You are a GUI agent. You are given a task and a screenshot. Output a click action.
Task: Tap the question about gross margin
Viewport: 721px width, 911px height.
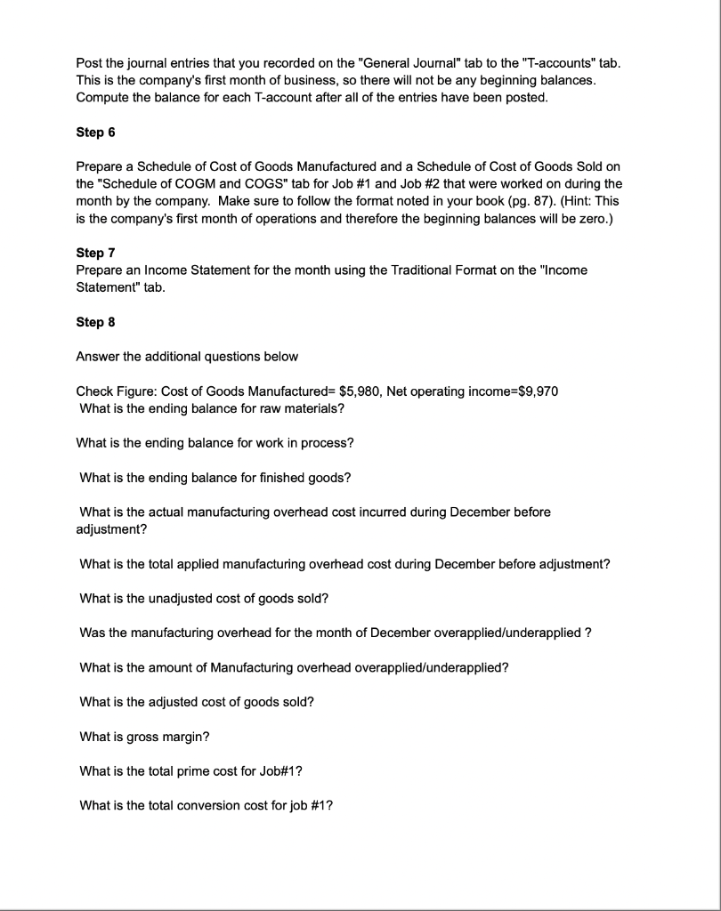(x=144, y=737)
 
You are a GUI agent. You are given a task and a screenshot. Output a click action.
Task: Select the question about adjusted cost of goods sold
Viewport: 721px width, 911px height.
(x=197, y=702)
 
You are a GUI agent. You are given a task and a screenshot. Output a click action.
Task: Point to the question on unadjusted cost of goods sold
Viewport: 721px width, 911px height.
(x=204, y=599)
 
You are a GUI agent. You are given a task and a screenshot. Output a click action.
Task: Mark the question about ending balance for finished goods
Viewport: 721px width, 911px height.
(x=215, y=478)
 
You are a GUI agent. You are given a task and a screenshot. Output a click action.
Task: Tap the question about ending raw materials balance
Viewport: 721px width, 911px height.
(x=212, y=408)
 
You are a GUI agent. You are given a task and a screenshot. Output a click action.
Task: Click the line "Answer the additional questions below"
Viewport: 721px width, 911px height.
(x=187, y=357)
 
